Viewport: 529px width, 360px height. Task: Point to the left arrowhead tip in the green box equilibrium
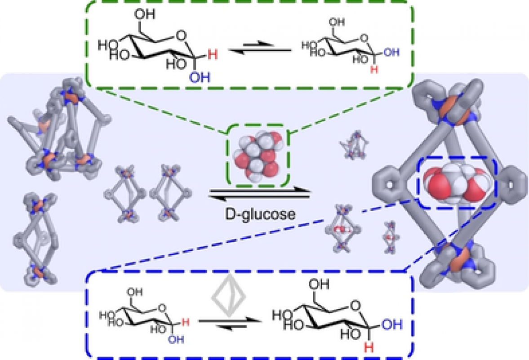point(229,50)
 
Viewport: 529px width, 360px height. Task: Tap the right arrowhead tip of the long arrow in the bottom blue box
point(262,320)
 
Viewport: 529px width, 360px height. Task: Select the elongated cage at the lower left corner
point(36,238)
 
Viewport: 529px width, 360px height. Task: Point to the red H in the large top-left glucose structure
point(213,55)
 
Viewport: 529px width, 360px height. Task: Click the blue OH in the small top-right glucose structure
point(391,52)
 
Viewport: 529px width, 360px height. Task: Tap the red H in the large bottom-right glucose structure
point(369,347)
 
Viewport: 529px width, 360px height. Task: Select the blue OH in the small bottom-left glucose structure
point(176,339)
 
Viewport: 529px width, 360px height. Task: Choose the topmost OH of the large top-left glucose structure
point(144,14)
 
